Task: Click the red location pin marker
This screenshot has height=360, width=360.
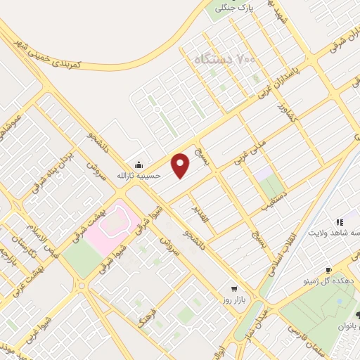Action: point(181,165)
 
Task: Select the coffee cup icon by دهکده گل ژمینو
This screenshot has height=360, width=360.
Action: point(328,271)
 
